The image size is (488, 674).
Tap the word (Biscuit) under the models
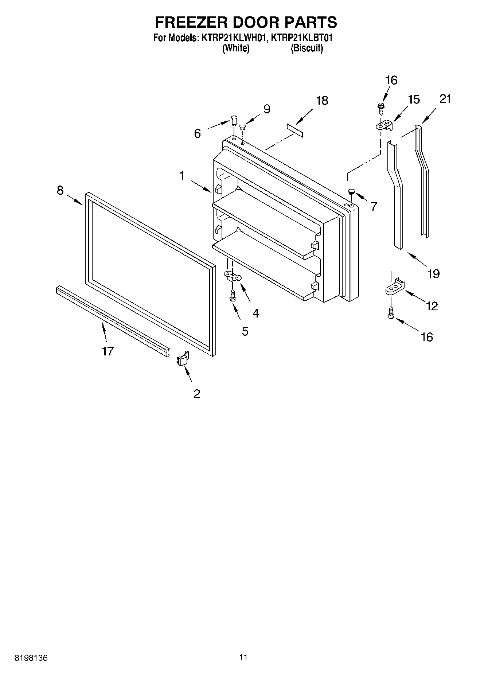(x=307, y=48)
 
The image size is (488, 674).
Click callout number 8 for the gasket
(x=60, y=190)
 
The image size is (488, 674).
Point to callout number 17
(x=108, y=351)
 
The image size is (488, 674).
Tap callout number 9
(x=267, y=109)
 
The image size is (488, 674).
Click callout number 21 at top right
(x=445, y=99)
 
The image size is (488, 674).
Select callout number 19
(x=434, y=273)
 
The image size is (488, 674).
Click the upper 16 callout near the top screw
(x=391, y=80)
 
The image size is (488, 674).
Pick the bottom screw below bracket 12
(x=391, y=312)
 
